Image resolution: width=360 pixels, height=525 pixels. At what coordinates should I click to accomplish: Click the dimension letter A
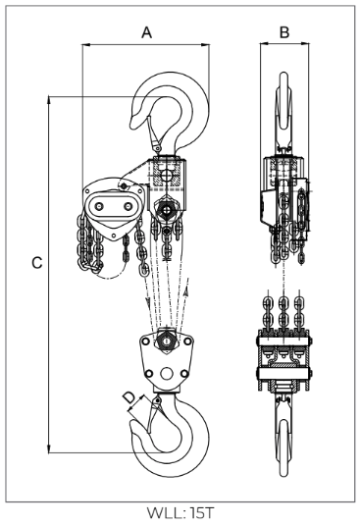tap(147, 32)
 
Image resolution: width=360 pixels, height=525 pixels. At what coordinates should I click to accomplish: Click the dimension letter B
tap(284, 32)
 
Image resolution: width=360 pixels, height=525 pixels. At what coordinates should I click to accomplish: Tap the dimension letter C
tap(37, 263)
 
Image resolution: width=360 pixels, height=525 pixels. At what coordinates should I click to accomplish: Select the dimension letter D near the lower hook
tap(129, 397)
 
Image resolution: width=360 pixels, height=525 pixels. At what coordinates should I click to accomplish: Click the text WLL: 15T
tap(180, 513)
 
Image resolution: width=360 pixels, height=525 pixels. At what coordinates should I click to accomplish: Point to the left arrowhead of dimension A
tap(86, 44)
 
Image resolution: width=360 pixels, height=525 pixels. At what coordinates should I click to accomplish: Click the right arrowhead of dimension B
tap(305, 43)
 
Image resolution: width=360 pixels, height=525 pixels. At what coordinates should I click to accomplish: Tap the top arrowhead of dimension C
tap(49, 100)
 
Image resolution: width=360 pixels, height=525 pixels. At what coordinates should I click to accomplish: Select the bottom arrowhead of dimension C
tap(49, 449)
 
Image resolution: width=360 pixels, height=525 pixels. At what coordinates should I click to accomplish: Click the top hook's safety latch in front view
tap(153, 133)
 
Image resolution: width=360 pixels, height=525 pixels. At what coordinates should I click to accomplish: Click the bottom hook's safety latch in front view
tap(154, 414)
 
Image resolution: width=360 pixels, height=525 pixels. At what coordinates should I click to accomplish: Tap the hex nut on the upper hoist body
tap(165, 210)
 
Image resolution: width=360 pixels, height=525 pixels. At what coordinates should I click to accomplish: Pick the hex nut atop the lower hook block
tap(166, 341)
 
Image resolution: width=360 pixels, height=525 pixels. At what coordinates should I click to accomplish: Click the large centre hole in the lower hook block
tap(166, 373)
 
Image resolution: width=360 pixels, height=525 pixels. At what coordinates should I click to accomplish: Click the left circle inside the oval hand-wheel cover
tap(99, 207)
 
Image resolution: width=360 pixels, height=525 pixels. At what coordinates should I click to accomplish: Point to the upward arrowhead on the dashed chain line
tap(187, 289)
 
